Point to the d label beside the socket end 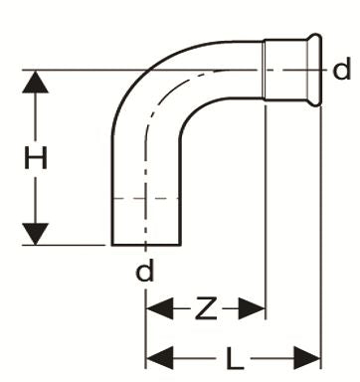342,70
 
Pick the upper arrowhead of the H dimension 36,83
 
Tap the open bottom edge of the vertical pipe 146,244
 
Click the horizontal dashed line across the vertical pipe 146,200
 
